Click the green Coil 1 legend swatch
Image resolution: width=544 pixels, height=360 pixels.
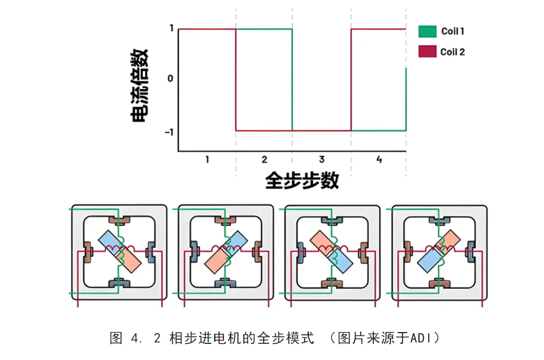(x=427, y=31)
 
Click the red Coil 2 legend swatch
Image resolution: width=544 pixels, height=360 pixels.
(x=427, y=52)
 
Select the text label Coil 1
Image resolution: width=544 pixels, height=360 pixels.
(x=452, y=31)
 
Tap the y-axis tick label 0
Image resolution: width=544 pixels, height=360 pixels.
(x=170, y=78)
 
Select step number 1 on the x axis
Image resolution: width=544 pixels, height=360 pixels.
(x=207, y=160)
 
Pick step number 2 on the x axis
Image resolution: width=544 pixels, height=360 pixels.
(x=264, y=160)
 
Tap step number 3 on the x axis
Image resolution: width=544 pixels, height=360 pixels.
(x=322, y=160)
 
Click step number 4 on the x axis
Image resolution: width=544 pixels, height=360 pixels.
(x=379, y=160)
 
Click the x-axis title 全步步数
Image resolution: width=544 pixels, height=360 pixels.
(x=302, y=181)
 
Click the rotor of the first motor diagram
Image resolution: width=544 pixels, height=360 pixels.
(x=119, y=250)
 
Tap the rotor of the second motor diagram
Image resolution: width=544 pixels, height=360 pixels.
(x=225, y=251)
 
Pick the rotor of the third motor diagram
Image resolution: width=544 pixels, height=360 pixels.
(x=331, y=251)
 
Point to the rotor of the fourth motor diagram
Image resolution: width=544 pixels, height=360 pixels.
(x=439, y=251)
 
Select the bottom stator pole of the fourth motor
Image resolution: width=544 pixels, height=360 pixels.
(x=439, y=283)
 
